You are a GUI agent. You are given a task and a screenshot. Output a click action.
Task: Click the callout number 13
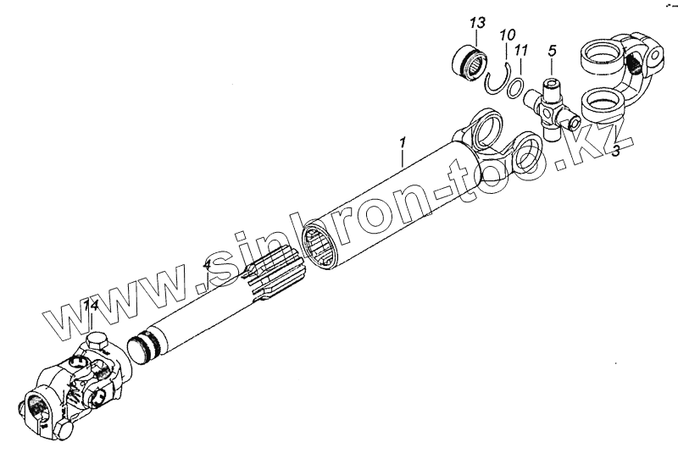point(475,21)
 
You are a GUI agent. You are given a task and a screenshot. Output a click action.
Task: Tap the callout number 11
point(521,51)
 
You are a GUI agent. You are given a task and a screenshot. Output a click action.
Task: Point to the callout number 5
point(552,51)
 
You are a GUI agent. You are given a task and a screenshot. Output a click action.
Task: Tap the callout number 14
point(91,305)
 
